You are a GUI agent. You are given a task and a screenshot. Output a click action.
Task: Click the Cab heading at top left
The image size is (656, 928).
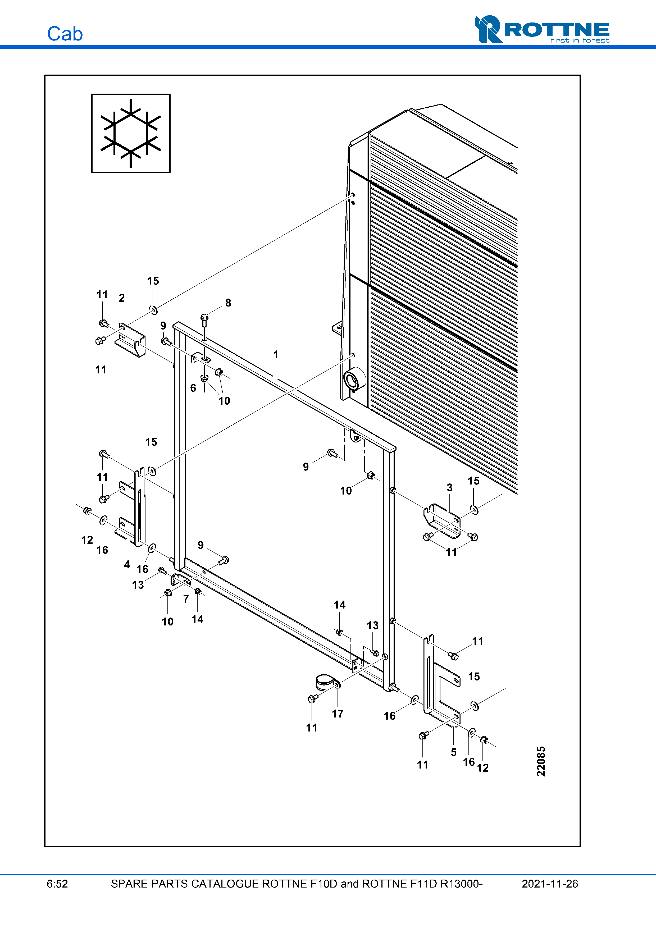click(65, 34)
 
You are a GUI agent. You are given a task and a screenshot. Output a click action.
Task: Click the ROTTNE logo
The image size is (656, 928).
click(542, 29)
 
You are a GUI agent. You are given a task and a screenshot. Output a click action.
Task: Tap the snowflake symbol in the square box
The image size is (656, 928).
click(131, 133)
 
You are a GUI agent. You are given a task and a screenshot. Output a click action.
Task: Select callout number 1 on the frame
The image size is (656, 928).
click(276, 354)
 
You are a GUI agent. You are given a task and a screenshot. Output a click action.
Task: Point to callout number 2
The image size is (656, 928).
click(122, 298)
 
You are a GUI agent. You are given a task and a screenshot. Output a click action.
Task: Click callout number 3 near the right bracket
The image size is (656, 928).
click(449, 487)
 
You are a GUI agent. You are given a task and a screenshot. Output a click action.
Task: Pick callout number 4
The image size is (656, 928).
click(127, 564)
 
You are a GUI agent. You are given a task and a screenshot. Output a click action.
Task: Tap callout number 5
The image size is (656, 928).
click(453, 752)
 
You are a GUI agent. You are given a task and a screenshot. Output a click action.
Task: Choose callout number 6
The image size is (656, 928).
click(193, 388)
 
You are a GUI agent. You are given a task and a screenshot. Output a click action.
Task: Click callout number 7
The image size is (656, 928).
click(186, 598)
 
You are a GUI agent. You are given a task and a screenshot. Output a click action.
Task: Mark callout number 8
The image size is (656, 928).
click(228, 303)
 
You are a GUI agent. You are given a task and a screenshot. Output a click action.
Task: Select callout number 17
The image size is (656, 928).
click(338, 714)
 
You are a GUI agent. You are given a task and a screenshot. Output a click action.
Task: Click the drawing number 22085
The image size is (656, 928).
click(541, 761)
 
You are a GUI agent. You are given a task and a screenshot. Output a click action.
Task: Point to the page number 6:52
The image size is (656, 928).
click(57, 884)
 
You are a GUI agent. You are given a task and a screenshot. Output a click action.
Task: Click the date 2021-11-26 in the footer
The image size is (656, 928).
click(550, 884)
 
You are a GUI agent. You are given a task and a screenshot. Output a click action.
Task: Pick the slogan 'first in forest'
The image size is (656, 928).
click(580, 40)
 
